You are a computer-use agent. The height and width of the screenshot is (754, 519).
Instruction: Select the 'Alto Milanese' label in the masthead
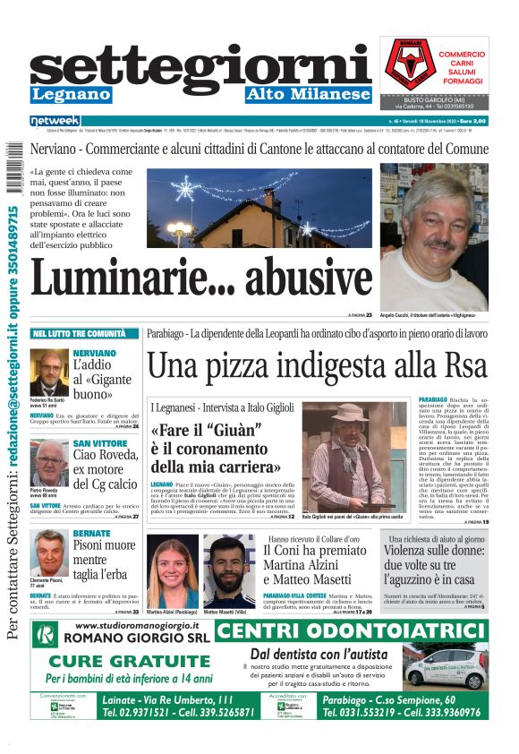307,95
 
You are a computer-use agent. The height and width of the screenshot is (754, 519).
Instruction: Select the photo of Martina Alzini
172,571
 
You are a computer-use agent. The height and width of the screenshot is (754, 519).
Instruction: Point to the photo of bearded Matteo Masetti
228,571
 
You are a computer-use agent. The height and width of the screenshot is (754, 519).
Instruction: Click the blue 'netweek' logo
55,120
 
